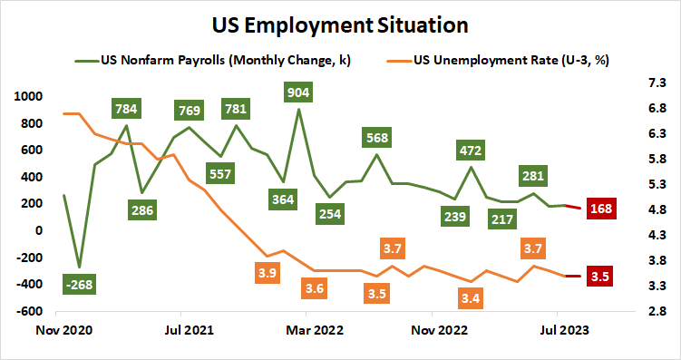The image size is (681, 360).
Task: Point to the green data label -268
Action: (x=80, y=285)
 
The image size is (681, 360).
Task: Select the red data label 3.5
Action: (x=598, y=277)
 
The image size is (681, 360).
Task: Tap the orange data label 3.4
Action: (x=471, y=297)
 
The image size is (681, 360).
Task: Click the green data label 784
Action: (x=127, y=110)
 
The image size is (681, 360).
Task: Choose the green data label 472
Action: (x=471, y=150)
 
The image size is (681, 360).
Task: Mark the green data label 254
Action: (x=330, y=214)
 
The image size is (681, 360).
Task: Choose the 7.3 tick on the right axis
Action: (x=655, y=82)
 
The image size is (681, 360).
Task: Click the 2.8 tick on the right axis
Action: (x=655, y=311)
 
